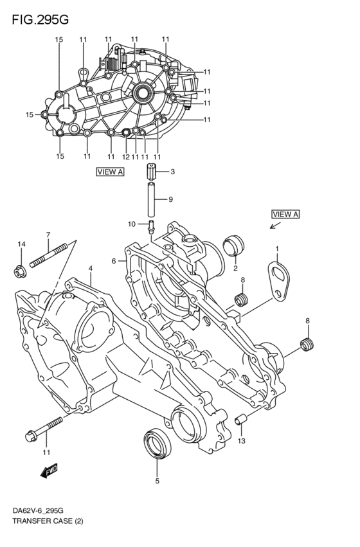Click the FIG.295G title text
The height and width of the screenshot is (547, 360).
point(40,20)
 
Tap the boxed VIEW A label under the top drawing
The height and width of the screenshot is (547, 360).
point(110,172)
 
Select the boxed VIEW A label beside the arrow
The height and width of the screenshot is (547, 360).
point(285,214)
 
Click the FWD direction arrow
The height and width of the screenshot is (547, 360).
point(49,472)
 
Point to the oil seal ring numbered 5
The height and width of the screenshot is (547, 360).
point(155,444)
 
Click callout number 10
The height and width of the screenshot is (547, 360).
point(132,224)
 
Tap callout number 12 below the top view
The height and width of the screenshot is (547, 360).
point(127,157)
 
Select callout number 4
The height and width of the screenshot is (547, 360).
point(91,268)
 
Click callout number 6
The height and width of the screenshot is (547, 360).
point(113,261)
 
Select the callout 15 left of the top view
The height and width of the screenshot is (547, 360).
point(29,115)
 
